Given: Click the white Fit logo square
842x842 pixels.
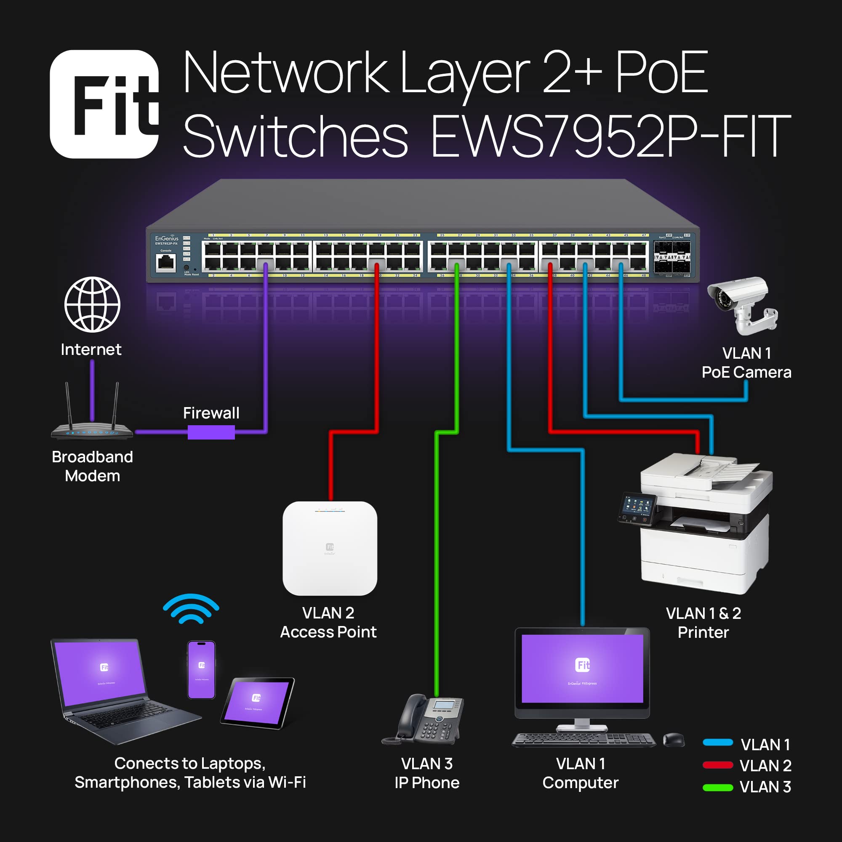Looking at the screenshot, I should point(104,104).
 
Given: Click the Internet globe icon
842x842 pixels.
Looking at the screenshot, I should point(92,305).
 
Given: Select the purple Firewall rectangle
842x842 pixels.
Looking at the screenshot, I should point(211,432).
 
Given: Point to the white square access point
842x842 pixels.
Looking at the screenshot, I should point(330,548).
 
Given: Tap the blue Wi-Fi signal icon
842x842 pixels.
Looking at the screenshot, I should point(191,609).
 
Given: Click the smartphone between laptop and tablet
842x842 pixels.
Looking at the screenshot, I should point(201,670).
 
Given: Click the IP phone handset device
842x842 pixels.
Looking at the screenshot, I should point(425,719).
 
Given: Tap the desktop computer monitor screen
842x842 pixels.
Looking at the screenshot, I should point(582,668).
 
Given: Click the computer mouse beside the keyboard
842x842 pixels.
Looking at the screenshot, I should point(673,740).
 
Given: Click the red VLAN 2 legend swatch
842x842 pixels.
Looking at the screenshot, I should point(718,765).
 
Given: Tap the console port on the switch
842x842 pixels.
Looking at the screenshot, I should point(166,262).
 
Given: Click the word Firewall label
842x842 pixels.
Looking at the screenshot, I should point(211,413).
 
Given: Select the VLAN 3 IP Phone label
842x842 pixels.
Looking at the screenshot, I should point(426,773).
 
